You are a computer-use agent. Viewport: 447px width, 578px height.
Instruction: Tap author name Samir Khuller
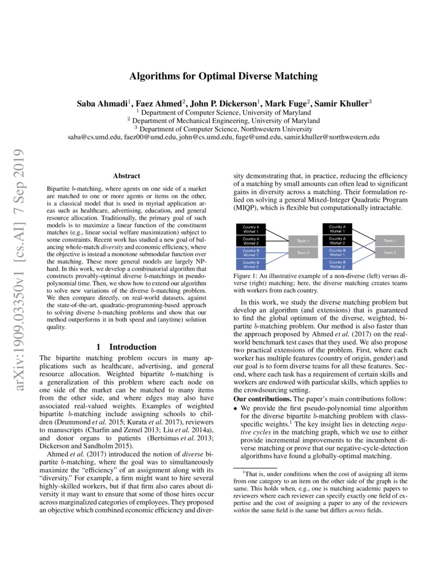point(343,104)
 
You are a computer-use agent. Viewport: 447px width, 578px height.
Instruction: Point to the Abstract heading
point(126,176)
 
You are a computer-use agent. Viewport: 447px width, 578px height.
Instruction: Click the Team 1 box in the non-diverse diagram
point(303,241)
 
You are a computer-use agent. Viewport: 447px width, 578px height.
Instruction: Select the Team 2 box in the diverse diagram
point(389,253)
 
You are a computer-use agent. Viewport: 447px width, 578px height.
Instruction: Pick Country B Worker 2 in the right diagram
point(337,264)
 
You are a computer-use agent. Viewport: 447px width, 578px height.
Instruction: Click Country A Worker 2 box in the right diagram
point(337,241)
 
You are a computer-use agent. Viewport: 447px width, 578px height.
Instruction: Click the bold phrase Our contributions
point(259,399)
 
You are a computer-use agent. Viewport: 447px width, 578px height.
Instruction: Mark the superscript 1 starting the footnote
point(236,472)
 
